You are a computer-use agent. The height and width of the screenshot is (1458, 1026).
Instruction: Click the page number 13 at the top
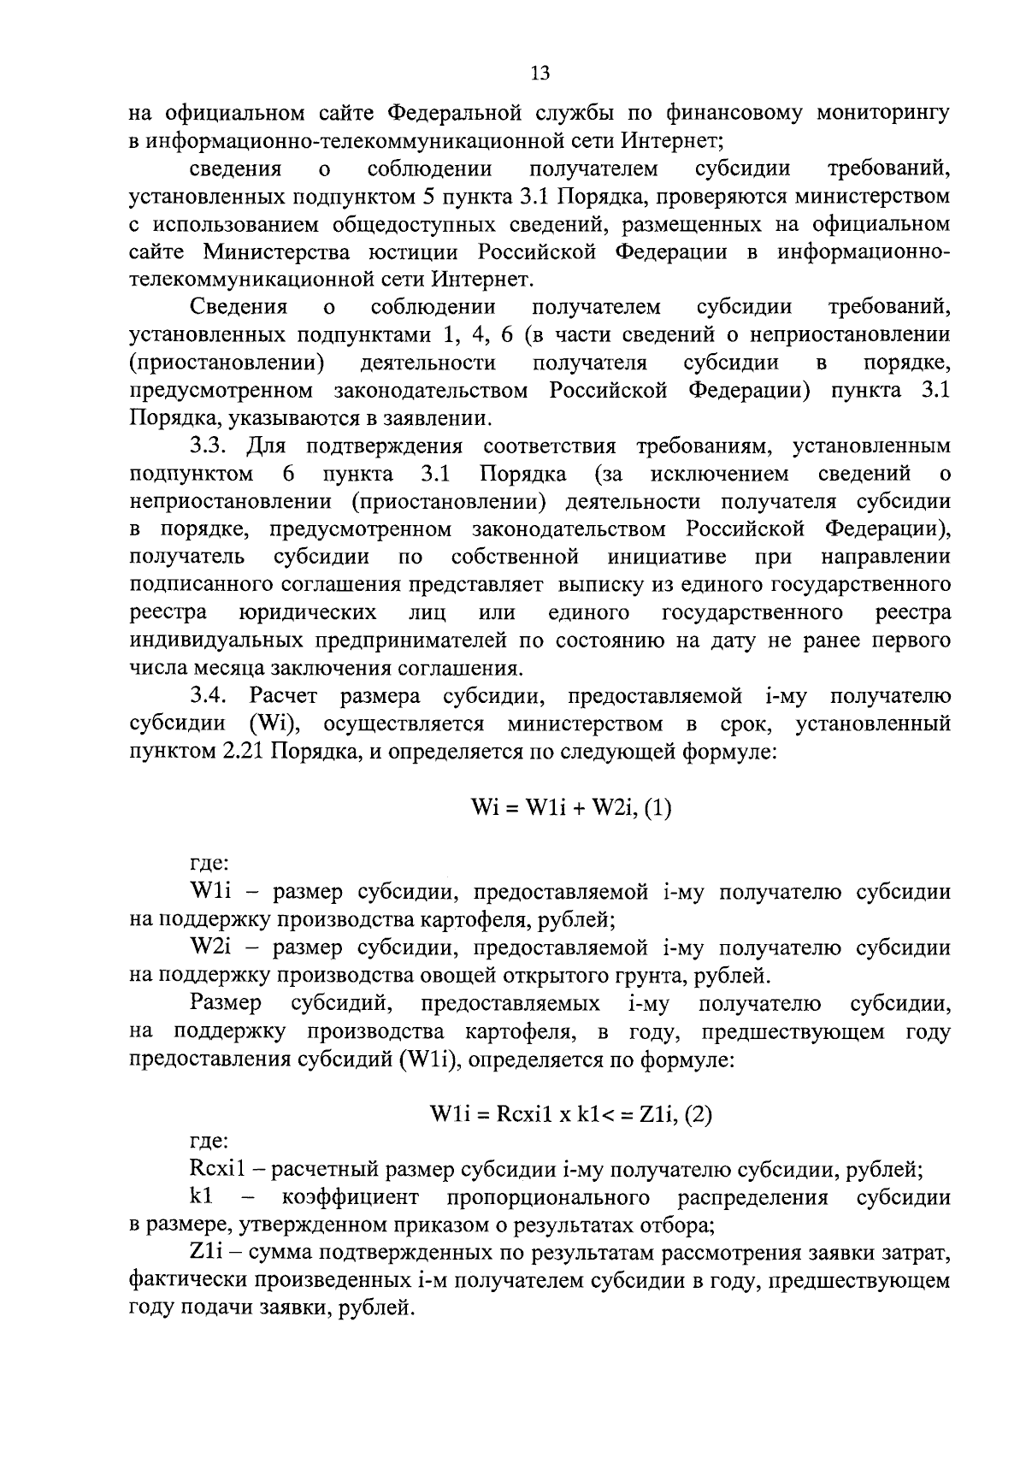[x=540, y=73]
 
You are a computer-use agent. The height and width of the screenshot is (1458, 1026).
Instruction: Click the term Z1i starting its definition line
[x=206, y=1253]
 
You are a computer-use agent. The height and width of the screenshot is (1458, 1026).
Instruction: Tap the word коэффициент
[x=350, y=1197]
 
